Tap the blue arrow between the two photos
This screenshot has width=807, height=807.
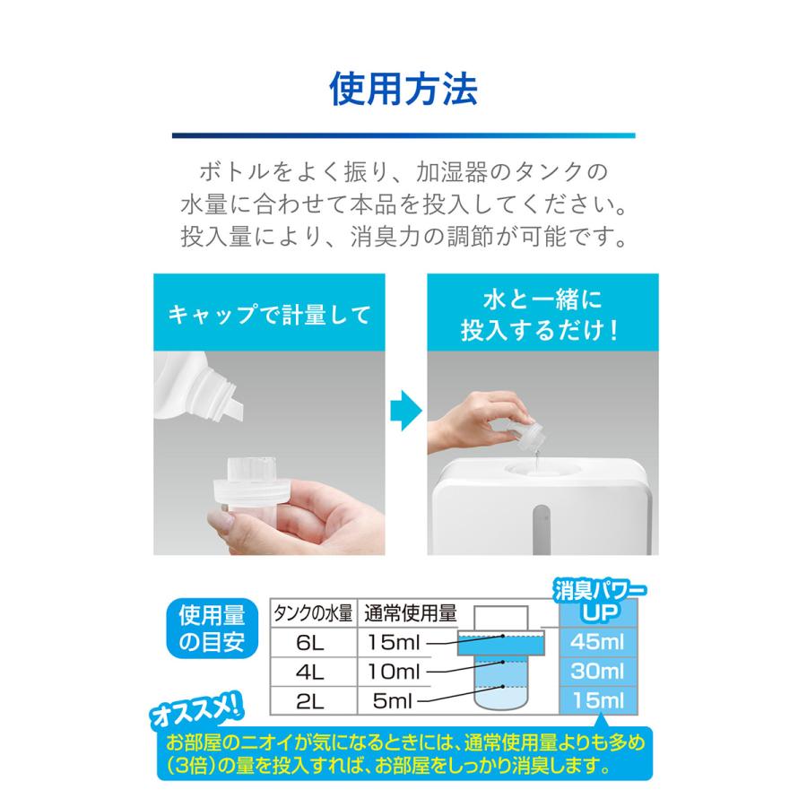coord(405,410)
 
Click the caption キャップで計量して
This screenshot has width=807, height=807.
coord(269,316)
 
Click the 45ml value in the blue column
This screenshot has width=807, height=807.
coord(599,642)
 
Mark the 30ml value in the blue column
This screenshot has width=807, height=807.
coord(599,671)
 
